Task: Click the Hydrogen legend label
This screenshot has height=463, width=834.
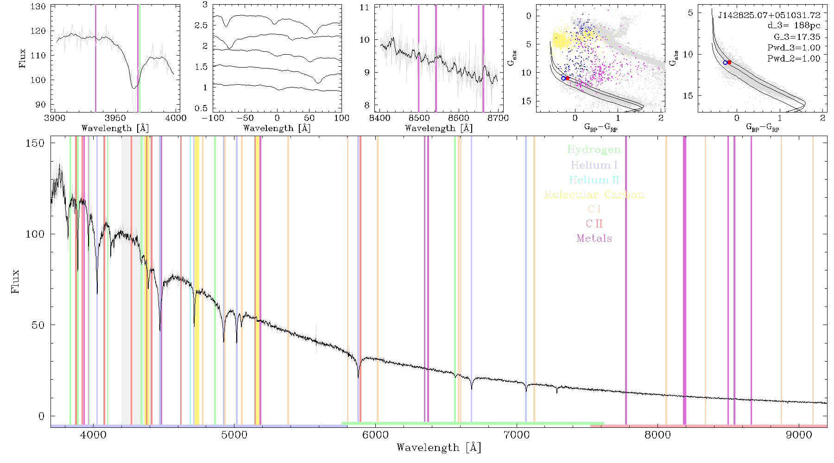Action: point(594,150)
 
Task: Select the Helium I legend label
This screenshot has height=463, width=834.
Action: point(594,165)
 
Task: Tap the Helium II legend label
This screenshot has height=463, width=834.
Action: point(594,180)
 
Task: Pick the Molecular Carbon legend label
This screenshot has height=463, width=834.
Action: point(594,194)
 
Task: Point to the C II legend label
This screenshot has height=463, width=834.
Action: point(594,224)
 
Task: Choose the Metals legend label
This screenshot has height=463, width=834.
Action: point(594,238)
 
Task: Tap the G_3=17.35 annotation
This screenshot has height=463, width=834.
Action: point(797,37)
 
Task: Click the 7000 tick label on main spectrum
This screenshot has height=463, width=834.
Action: point(516,435)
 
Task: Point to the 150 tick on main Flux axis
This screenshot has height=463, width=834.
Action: point(35,143)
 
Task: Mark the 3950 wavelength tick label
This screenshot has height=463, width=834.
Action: point(115,118)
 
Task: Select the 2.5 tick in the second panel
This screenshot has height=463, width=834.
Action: point(201,25)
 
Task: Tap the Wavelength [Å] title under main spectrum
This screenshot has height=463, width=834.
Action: point(439,448)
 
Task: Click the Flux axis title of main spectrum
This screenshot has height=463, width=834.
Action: point(15,281)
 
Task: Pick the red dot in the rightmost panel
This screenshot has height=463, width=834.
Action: point(729,62)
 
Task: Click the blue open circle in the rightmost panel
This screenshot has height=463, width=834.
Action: point(725,63)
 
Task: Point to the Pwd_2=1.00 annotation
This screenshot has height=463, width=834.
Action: point(794,59)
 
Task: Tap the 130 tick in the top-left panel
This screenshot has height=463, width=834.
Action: point(38,6)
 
